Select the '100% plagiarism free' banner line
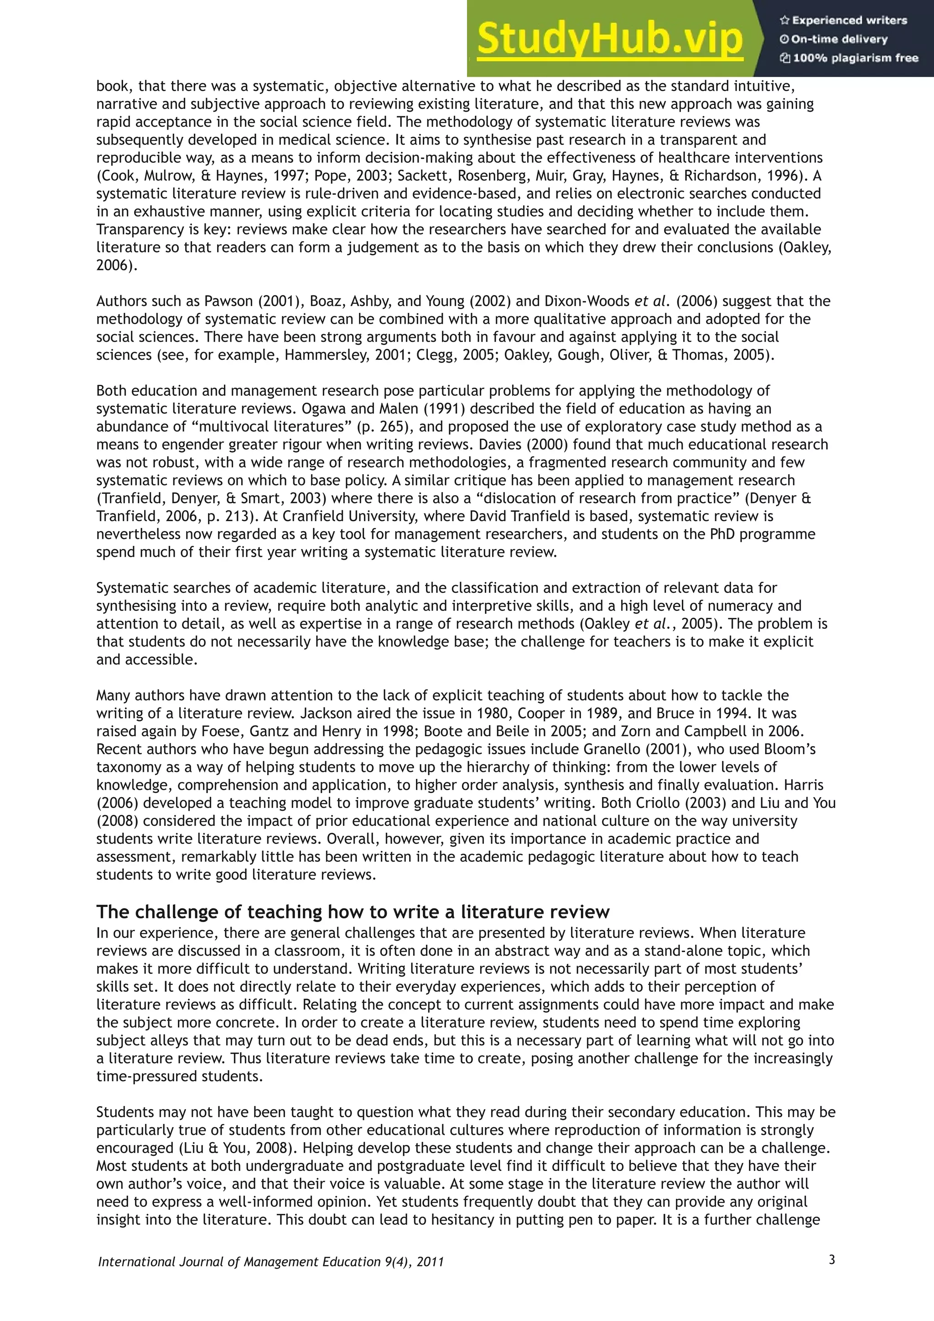coord(850,57)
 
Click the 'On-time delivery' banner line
coord(835,39)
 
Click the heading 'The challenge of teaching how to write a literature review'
coord(353,912)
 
